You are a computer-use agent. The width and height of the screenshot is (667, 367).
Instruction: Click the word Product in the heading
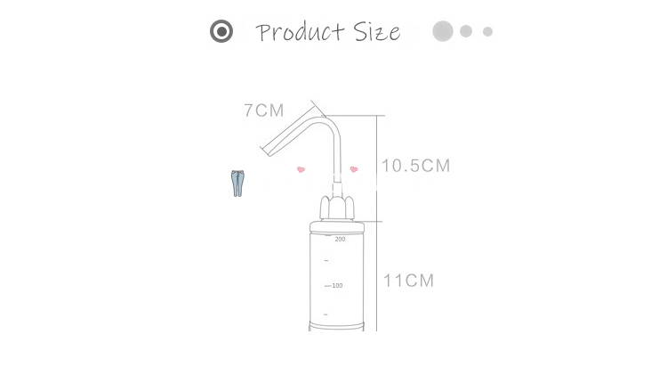click(x=300, y=32)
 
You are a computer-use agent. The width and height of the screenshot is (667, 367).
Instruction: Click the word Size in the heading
click(x=377, y=32)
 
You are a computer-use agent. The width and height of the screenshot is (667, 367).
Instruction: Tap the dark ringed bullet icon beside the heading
click(x=221, y=31)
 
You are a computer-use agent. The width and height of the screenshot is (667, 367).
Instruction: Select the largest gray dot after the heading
click(x=443, y=31)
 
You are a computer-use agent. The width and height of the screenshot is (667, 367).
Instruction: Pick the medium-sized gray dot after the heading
click(x=466, y=31)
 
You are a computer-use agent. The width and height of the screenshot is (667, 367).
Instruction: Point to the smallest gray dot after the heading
click(x=487, y=31)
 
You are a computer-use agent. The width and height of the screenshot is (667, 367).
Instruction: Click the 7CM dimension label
click(x=264, y=110)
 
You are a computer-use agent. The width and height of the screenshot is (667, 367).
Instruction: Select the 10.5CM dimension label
click(x=415, y=166)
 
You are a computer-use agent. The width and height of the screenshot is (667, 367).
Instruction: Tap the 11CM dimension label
click(x=409, y=281)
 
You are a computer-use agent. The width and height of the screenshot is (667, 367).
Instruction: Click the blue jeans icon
click(x=237, y=183)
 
